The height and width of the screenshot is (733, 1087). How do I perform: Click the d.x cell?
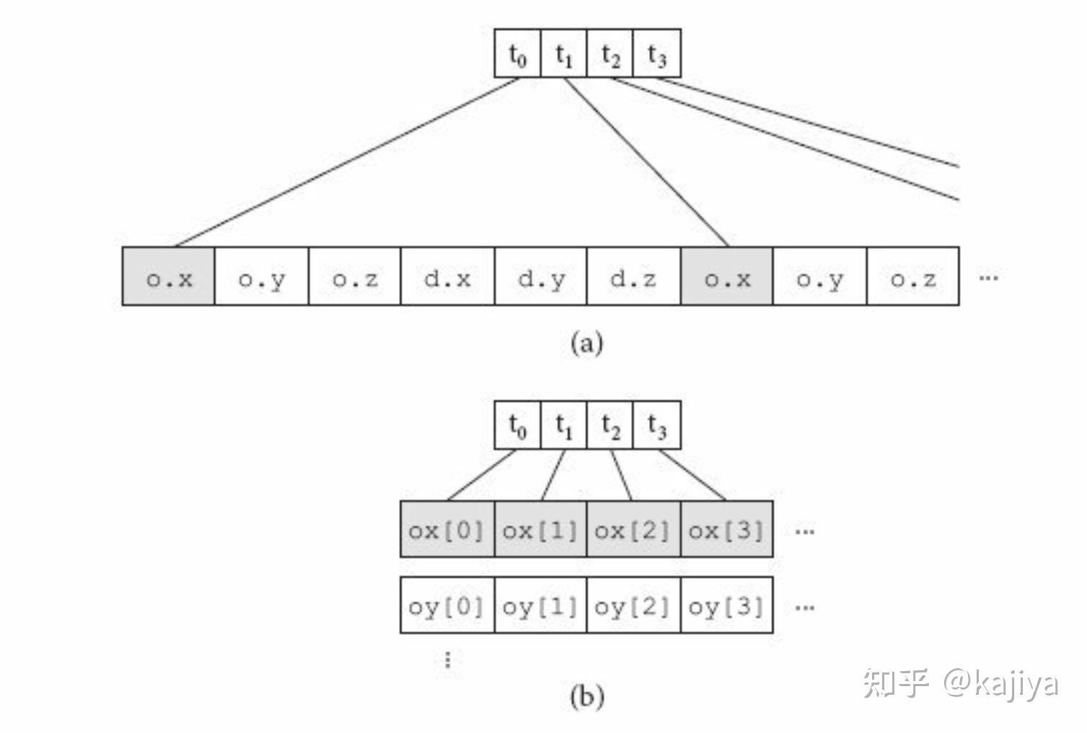pyautogui.click(x=447, y=277)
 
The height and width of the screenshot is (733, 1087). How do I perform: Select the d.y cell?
pyautogui.click(x=541, y=277)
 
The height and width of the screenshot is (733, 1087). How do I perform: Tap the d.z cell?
pyautogui.click(x=633, y=277)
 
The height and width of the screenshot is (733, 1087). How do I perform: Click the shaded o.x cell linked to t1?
pyautogui.click(x=726, y=277)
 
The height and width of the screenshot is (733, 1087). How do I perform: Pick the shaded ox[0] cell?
pyautogui.click(x=447, y=530)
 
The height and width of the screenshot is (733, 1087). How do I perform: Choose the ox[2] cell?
pyautogui.click(x=633, y=530)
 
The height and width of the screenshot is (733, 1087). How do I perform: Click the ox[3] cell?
pyautogui.click(x=726, y=530)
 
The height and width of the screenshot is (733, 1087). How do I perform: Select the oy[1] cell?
pyautogui.click(x=540, y=605)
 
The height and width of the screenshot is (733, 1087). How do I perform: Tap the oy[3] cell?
pyautogui.click(x=726, y=605)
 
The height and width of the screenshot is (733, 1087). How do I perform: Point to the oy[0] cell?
pyautogui.click(x=447, y=605)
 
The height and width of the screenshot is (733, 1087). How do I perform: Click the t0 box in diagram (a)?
pyautogui.click(x=517, y=53)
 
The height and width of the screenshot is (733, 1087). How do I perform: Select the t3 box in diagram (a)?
pyautogui.click(x=656, y=53)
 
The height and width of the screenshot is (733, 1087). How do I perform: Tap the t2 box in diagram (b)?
pyautogui.click(x=610, y=425)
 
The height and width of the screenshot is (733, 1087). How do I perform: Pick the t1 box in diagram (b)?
pyautogui.click(x=563, y=425)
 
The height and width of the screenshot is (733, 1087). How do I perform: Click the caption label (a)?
pyautogui.click(x=586, y=342)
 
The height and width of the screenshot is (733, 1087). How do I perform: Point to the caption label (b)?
pyautogui.click(x=586, y=696)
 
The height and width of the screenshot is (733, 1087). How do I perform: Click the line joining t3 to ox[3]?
pyautogui.click(x=692, y=475)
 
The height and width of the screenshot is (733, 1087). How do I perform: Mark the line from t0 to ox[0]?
pyautogui.click(x=482, y=475)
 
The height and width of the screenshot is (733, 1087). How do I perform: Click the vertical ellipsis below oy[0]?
pyautogui.click(x=448, y=659)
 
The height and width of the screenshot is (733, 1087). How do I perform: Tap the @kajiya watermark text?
pyautogui.click(x=1000, y=683)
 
